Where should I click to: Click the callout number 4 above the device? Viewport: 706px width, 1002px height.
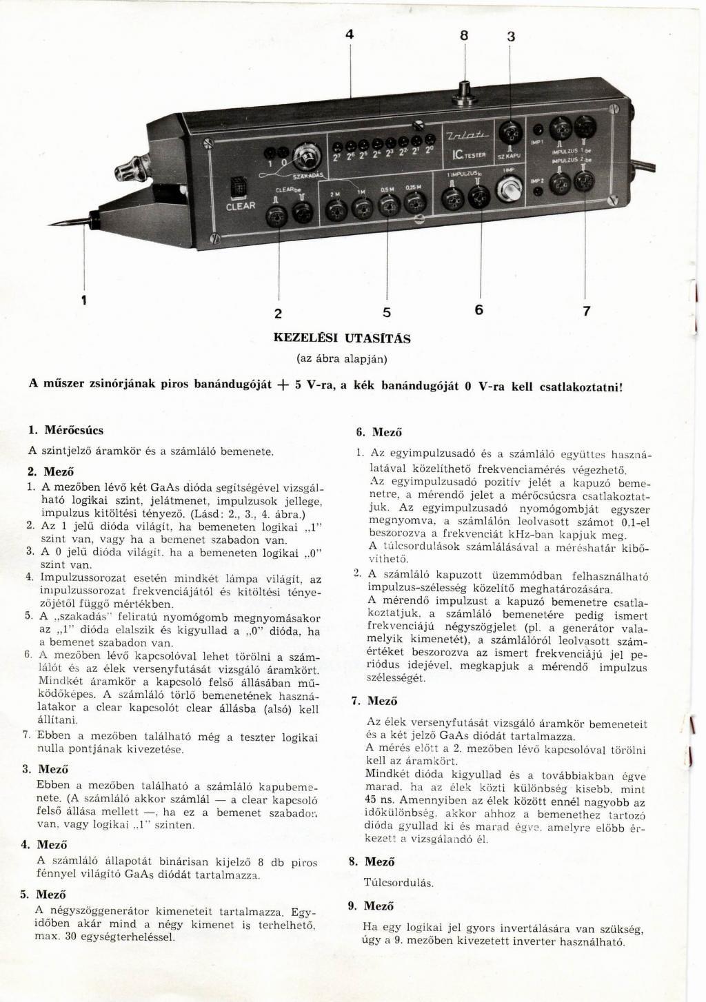pyautogui.click(x=350, y=34)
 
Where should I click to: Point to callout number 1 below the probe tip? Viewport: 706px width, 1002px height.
pyautogui.click(x=84, y=300)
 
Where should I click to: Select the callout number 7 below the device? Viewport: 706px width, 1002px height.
pyautogui.click(x=587, y=311)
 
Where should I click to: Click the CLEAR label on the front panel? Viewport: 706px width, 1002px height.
pyautogui.click(x=241, y=205)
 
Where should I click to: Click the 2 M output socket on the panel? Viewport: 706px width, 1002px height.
pyautogui.click(x=336, y=209)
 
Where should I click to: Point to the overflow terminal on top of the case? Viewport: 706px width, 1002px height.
pyautogui.click(x=465, y=91)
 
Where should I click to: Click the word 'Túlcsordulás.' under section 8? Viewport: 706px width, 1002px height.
pyautogui.click(x=399, y=882)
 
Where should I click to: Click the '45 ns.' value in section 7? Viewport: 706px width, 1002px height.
pyautogui.click(x=380, y=802)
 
